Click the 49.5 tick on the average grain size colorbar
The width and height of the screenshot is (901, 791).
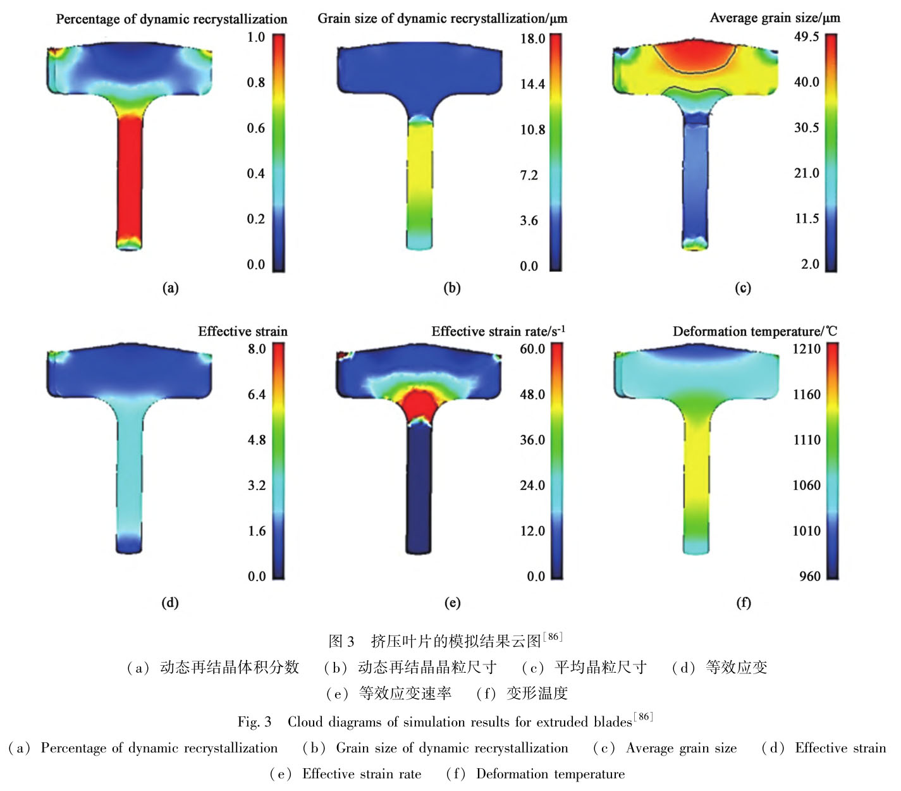pos(806,37)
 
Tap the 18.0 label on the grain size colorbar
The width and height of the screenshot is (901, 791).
pos(532,39)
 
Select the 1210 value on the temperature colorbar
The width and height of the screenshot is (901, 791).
pos(806,349)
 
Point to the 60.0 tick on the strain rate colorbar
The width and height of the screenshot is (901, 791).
pos(532,349)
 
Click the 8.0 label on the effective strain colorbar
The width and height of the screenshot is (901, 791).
pos(257,349)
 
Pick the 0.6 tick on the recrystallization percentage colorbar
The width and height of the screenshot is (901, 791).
pos(256,128)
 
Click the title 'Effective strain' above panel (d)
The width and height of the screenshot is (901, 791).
pos(243,331)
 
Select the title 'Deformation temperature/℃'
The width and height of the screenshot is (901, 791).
pos(754,331)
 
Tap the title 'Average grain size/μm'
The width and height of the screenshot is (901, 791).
pos(775,18)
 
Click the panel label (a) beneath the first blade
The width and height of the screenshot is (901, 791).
pos(170,288)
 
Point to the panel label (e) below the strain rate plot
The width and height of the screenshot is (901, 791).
pos(452,603)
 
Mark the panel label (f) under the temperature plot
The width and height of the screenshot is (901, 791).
pos(744,603)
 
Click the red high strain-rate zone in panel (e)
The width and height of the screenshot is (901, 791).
pos(417,405)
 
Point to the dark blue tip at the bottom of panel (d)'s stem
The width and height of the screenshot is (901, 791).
pos(128,543)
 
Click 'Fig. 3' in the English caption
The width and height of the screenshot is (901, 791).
pos(254,721)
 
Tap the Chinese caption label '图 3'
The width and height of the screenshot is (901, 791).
pos(341,641)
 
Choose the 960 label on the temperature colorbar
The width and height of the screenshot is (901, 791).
pos(809,576)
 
